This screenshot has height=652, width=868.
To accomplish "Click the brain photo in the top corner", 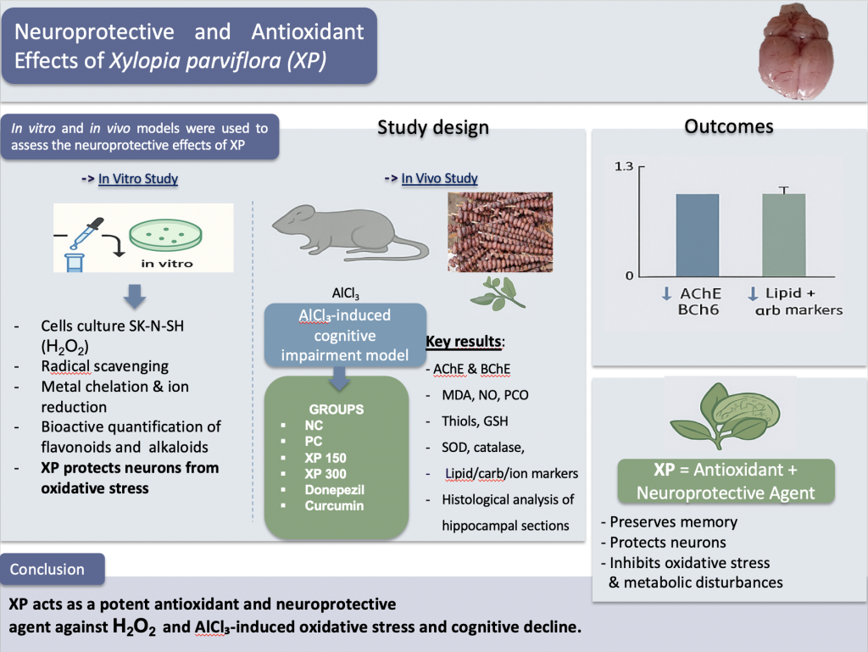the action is tap(795, 51).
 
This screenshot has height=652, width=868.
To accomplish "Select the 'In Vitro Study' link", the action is tap(138, 179).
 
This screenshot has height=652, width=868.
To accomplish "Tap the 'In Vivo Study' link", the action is tap(440, 178).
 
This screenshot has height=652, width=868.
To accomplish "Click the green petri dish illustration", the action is tap(165, 235).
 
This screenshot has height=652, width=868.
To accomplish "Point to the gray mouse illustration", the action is tap(350, 233).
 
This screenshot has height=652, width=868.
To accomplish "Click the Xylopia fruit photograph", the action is tap(500, 232).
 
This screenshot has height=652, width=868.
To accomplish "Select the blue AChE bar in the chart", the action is tap(698, 235).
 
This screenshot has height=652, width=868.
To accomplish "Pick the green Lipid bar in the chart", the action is tap(784, 235).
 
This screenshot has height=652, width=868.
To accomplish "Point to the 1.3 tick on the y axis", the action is tap(623, 166).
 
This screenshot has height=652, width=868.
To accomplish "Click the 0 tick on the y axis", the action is tap(629, 276).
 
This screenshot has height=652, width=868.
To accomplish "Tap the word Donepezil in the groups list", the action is tap(334, 490).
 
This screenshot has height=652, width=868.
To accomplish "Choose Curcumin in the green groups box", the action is tap(334, 506).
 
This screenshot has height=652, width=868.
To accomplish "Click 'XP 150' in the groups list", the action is tap(325, 459).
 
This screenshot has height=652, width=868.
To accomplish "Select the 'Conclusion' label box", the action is tap(53, 569).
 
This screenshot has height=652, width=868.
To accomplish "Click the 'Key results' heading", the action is tap(464, 342).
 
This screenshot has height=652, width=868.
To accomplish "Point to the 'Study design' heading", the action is tap(433, 127).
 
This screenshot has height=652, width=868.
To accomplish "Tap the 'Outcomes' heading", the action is tap(728, 126).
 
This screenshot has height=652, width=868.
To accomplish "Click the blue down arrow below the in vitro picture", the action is tap(135, 296).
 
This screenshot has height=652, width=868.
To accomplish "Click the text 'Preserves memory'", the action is tap(674, 522).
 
